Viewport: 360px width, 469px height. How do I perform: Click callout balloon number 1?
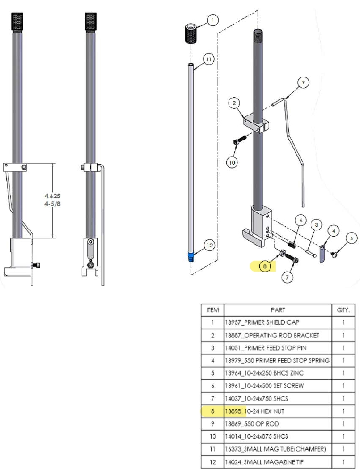[213, 20]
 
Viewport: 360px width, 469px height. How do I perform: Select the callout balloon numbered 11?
[209, 59]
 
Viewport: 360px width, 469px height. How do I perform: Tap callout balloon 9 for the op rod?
[303, 82]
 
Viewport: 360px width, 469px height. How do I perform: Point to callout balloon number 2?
[234, 103]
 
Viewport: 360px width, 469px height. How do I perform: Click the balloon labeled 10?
[232, 163]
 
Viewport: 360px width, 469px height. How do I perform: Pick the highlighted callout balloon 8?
[265, 266]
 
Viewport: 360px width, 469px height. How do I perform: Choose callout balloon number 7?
[287, 277]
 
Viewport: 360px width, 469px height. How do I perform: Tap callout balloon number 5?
[352, 238]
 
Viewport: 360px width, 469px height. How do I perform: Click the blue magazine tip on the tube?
[191, 256]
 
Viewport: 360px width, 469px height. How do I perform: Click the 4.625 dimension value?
[52, 196]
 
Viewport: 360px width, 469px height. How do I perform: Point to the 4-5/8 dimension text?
[52, 204]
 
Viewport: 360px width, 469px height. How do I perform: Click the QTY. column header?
[343, 310]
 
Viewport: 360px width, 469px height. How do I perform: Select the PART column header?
[278, 310]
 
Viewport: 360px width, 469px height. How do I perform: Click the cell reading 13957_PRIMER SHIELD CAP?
[278, 322]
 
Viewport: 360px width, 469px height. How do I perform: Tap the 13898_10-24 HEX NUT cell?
[278, 411]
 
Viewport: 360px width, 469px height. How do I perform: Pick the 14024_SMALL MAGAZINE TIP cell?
[278, 462]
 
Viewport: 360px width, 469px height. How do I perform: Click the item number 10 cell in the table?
[213, 436]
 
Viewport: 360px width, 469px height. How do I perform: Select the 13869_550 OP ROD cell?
[278, 424]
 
